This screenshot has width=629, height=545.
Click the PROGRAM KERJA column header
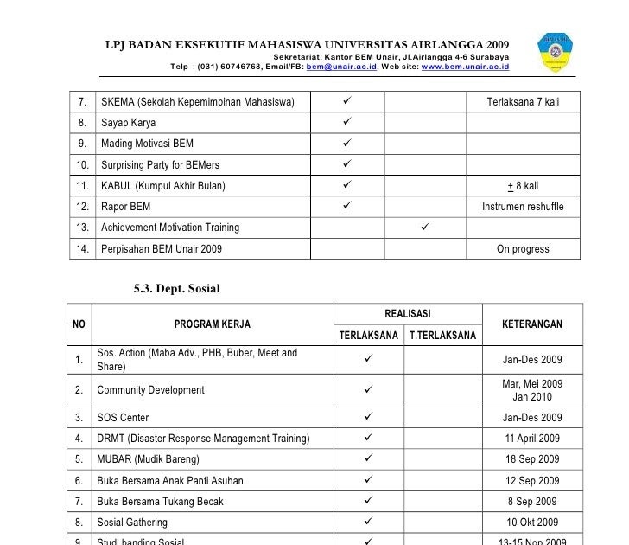click(213, 324)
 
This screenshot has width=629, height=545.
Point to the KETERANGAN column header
click(531, 324)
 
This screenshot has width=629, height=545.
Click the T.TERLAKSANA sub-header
click(441, 336)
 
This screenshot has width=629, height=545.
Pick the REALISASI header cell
click(407, 313)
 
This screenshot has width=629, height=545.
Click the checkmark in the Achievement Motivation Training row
click(424, 228)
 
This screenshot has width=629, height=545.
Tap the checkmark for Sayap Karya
click(346, 123)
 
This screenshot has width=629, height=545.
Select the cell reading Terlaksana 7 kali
click(523, 102)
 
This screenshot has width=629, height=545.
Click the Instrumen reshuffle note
click(523, 207)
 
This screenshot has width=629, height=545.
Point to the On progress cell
click(523, 249)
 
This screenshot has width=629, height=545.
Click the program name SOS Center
click(123, 418)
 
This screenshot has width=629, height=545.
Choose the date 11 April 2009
click(532, 439)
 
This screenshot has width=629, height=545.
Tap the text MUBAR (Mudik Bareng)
click(148, 459)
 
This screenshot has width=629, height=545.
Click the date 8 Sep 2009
click(532, 502)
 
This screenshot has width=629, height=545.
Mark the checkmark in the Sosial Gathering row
click(368, 523)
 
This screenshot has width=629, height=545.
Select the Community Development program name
click(150, 390)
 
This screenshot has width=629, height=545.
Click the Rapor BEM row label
click(125, 207)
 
